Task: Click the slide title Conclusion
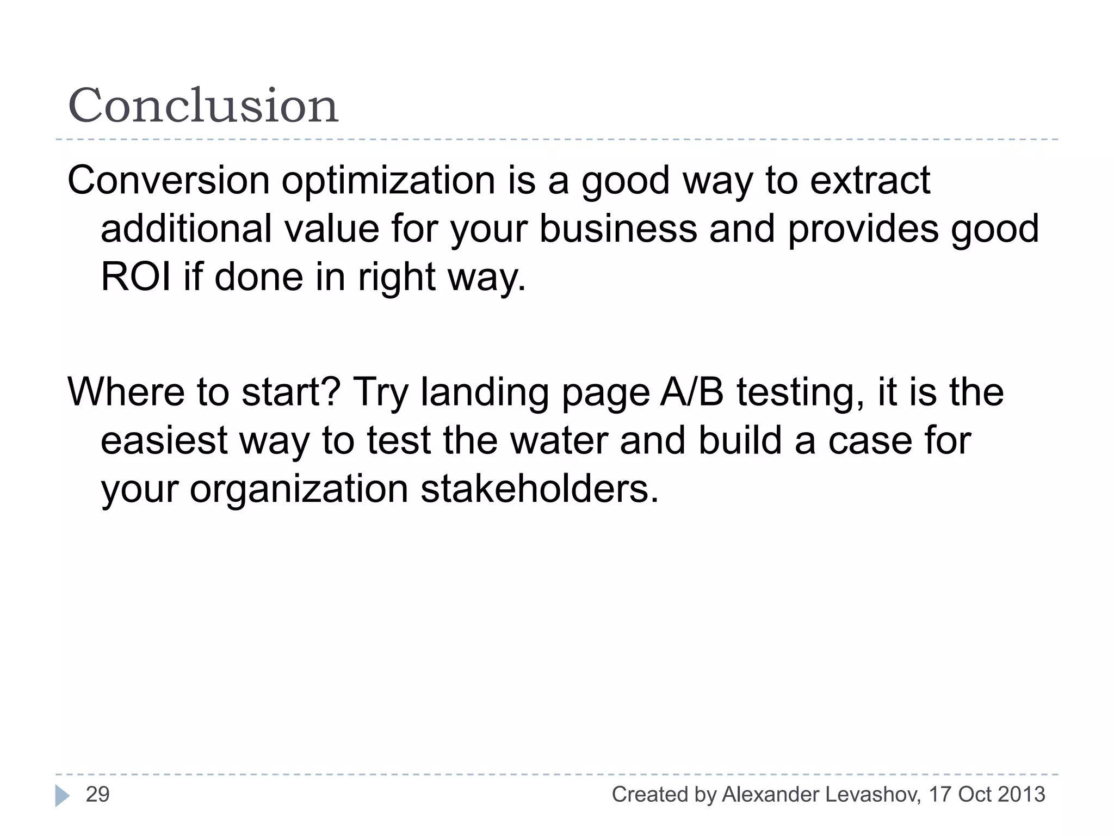pos(203,106)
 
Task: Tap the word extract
pos(870,181)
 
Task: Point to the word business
pos(618,229)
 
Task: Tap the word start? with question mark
pos(291,392)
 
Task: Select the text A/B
pos(692,392)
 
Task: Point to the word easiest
pos(164,440)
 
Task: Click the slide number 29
pos(98,795)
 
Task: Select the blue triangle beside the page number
pos(62,796)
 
